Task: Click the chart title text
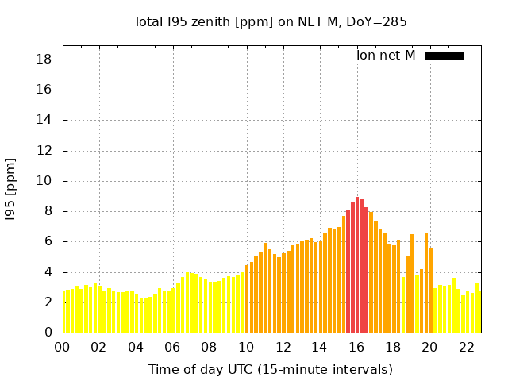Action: pos(270,22)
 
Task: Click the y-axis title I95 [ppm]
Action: pos(11,189)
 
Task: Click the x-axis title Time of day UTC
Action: pos(270,370)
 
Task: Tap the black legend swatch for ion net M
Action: pos(444,56)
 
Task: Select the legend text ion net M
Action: pos(386,56)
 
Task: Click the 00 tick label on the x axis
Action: pos(63,348)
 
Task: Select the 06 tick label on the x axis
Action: pos(172,348)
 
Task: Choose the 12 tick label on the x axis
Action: pos(283,348)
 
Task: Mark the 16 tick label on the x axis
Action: pos(356,348)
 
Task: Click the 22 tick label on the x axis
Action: pos(466,348)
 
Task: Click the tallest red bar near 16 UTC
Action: pos(357,265)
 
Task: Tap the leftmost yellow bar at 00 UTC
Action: pos(64,312)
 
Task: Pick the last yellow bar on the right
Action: pos(476,307)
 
